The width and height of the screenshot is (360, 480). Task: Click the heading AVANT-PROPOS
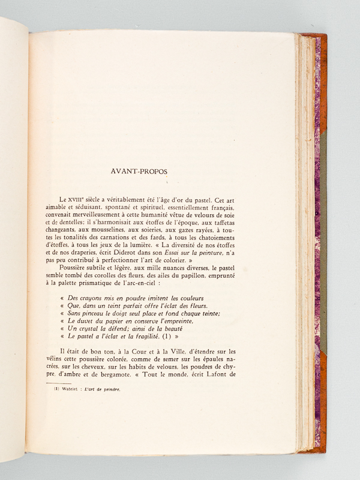(139, 171)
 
